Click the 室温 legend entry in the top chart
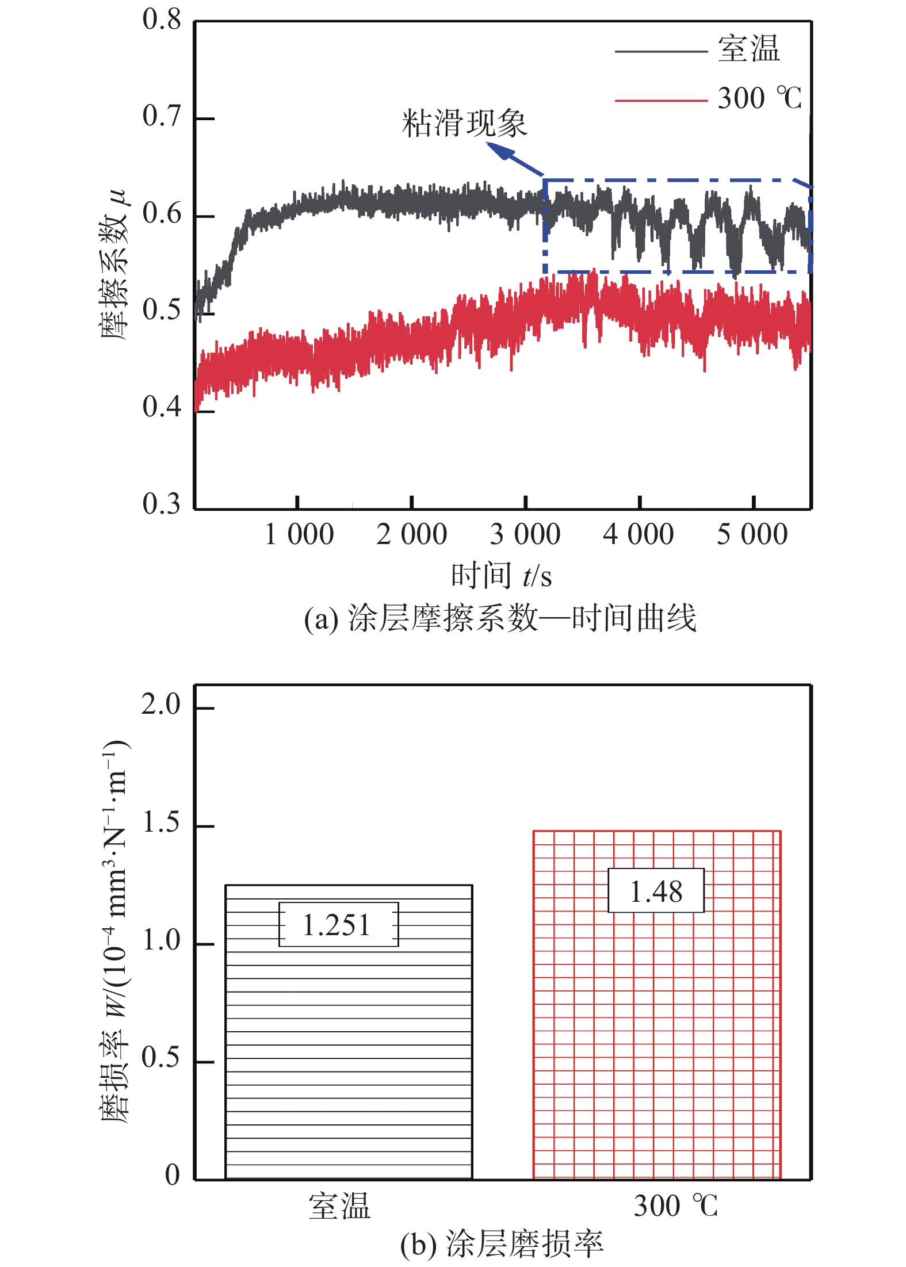pos(748,49)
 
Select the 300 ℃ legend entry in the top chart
pos(759,98)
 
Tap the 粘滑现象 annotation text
pos(464,123)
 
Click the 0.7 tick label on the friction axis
pos(162,116)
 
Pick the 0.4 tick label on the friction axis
pos(162,407)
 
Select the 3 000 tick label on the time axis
pos(525,534)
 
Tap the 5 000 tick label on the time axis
pos(752,534)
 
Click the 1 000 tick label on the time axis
pos(299,534)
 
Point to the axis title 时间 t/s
pos(501,576)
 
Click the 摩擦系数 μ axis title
pos(113,264)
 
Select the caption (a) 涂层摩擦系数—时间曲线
pos(500,619)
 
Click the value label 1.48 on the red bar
pos(656,892)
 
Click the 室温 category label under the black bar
pos(339,1207)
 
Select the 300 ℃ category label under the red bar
pos(675,1207)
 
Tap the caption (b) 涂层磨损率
pos(501,1245)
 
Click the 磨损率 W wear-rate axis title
pos(114,932)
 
